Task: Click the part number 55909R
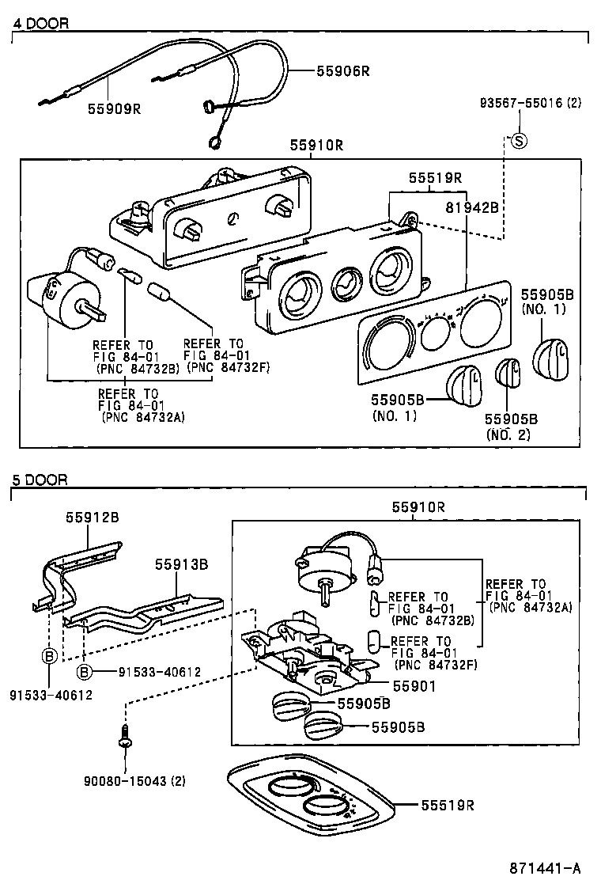point(114,108)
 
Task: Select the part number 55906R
point(343,71)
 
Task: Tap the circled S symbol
point(519,142)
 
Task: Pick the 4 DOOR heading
point(41,24)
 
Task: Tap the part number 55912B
point(92,517)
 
